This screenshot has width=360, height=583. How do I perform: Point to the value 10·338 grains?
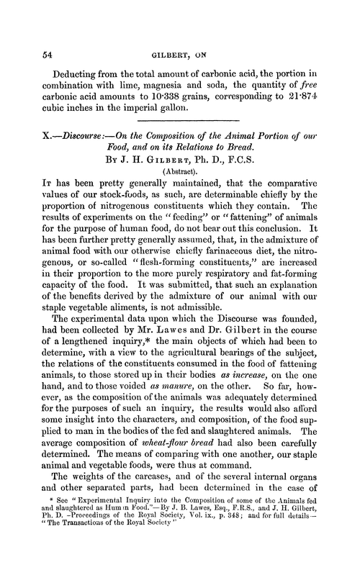pyautogui.click(x=191, y=98)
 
